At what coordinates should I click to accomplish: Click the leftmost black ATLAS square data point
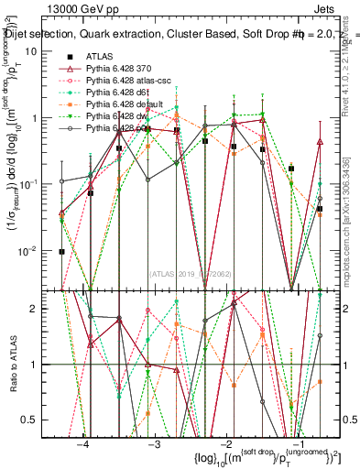61,251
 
